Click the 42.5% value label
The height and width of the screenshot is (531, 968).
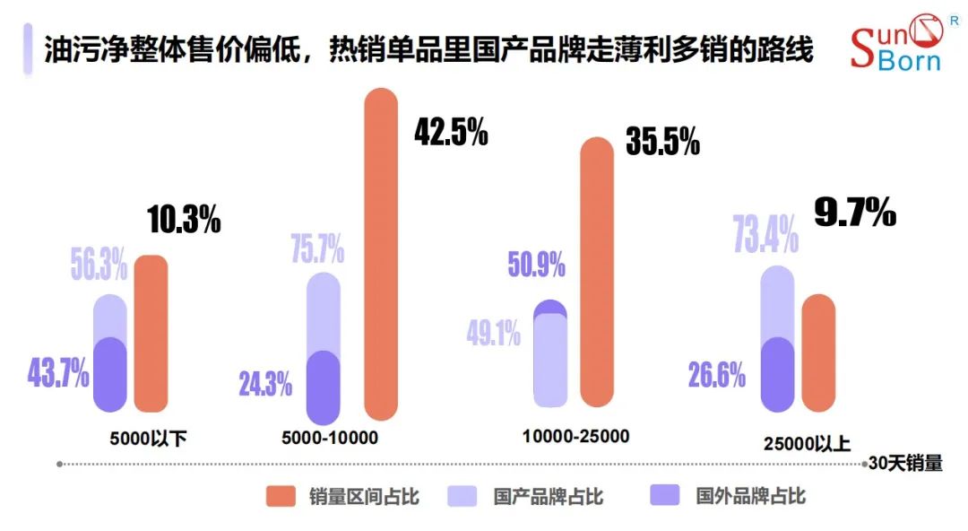click(x=451, y=132)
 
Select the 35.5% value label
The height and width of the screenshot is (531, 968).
click(x=662, y=142)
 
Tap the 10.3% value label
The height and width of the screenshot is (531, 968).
click(x=183, y=220)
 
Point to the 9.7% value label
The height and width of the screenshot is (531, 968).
click(x=854, y=213)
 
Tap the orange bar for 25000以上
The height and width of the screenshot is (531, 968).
click(x=818, y=353)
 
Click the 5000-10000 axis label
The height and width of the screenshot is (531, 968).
click(x=330, y=438)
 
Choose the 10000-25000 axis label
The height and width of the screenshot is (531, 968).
click(x=575, y=437)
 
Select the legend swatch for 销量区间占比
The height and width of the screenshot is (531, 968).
click(x=281, y=497)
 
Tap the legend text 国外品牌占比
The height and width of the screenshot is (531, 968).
click(x=750, y=496)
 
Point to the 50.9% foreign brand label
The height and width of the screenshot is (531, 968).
click(x=536, y=265)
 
